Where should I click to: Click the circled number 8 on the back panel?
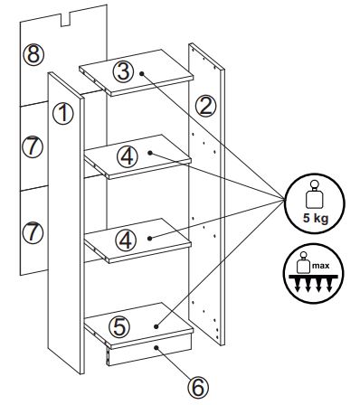point(33,55)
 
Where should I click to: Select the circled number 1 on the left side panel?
point(63,114)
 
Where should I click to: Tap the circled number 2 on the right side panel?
point(206,107)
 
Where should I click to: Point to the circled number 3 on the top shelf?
point(123,72)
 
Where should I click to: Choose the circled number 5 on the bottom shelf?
point(119,327)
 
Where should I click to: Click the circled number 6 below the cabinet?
point(198,387)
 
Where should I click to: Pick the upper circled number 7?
point(33,147)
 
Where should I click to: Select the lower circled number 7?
point(33,233)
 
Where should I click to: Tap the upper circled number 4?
point(128,156)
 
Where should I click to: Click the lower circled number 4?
point(126,240)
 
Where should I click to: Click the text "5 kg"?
point(316,219)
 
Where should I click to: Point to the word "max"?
point(321,266)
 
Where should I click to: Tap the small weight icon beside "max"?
point(304,261)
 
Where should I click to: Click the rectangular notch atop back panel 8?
point(65,19)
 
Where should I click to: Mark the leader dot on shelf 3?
point(141,73)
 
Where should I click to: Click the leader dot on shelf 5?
point(156,326)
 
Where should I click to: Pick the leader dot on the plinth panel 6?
point(156,347)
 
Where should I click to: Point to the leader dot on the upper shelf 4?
point(150,153)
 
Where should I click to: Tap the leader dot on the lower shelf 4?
point(150,239)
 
